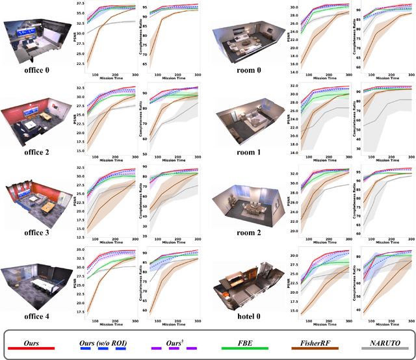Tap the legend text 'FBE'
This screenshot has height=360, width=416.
click(236, 339)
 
